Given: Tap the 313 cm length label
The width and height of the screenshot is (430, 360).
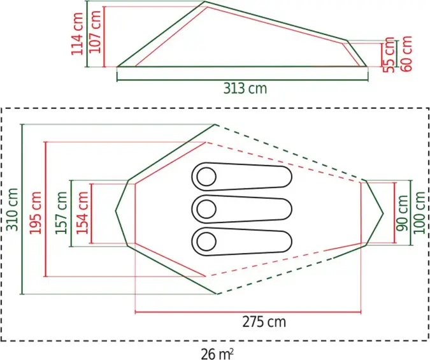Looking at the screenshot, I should point(245,89).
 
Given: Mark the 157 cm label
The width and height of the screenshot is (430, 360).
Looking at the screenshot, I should point(61,212).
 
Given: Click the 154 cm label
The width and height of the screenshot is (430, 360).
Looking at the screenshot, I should point(82,212).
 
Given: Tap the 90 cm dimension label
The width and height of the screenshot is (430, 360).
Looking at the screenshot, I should point(403,213).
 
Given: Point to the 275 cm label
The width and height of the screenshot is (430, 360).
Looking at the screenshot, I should point(264,322).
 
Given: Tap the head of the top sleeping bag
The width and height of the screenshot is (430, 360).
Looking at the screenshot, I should point(205,176).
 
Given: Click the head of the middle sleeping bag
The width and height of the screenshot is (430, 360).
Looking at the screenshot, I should point(205,208).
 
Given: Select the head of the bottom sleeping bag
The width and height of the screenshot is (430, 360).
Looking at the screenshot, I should point(205,240).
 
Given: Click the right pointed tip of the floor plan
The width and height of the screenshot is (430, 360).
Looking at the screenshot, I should point(383,212).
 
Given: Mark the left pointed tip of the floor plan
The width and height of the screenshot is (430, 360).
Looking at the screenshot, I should point(116,211).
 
